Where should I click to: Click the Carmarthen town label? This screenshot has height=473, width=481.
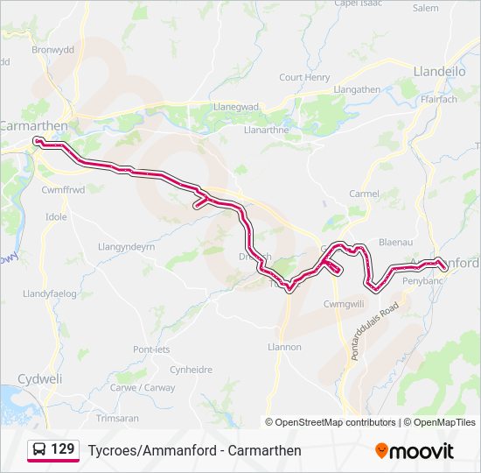point(36,124)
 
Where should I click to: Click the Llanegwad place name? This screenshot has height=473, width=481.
point(236,107)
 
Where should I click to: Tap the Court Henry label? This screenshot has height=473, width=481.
point(303,77)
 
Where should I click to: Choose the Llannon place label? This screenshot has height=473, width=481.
point(284,347)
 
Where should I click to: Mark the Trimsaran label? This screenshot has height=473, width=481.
point(118,418)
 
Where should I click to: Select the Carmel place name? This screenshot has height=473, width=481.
point(364,194)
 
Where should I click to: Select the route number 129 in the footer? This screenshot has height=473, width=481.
point(62,448)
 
